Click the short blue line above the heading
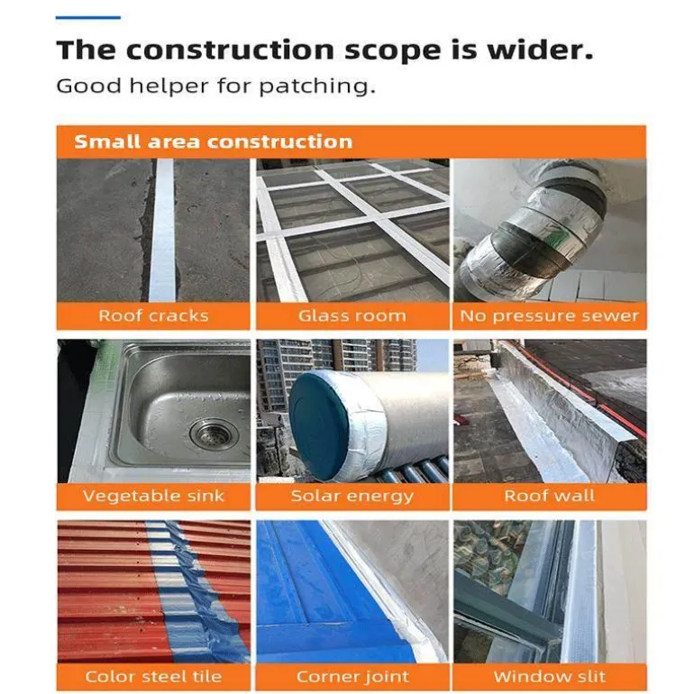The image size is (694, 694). (88, 18)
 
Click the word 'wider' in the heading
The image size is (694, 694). (540, 50)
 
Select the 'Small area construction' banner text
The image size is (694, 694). (214, 142)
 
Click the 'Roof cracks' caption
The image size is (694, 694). (153, 316)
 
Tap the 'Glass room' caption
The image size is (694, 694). (352, 316)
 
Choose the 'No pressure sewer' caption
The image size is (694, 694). (549, 316)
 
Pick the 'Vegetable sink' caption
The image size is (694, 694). (153, 496)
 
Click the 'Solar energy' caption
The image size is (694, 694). (352, 496)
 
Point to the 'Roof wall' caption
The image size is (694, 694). (549, 496)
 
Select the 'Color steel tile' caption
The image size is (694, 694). (153, 676)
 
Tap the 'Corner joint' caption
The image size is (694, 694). (352, 677)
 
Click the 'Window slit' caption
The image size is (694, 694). (549, 676)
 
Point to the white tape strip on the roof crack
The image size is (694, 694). (162, 230)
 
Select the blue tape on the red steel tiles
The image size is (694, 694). (195, 593)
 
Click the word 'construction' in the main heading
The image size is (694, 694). (230, 50)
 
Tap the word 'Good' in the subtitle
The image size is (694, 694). (88, 86)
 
